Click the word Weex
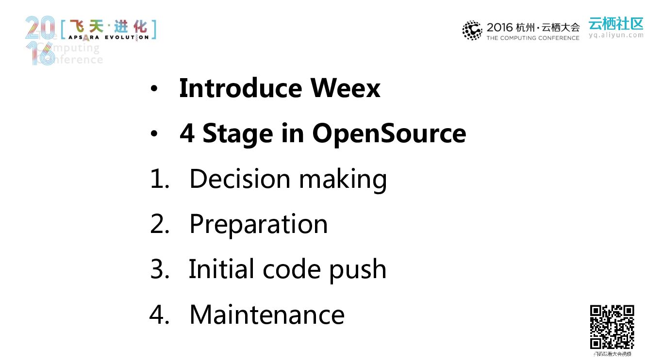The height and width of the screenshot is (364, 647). coord(345,88)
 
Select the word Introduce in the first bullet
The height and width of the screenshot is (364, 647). coord(240,88)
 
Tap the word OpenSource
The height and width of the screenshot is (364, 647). coord(389,133)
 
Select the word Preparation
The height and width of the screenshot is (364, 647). coord(258,225)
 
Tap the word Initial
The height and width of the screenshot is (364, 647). coord(221,269)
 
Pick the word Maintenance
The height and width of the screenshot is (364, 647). coord(267,314)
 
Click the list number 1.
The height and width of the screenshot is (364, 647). coord(159,179)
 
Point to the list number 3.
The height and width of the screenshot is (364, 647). coord(159,269)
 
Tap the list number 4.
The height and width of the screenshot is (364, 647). coord(159,314)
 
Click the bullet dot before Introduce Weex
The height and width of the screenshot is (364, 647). coord(154,89)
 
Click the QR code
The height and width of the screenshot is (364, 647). coord(612,327)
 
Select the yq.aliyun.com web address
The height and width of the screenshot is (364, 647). coord(616,35)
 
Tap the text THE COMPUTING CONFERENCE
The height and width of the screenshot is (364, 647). coord(533,38)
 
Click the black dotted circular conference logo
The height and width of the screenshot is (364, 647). coord(472,31)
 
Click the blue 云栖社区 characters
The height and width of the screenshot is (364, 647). coord(616,23)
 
